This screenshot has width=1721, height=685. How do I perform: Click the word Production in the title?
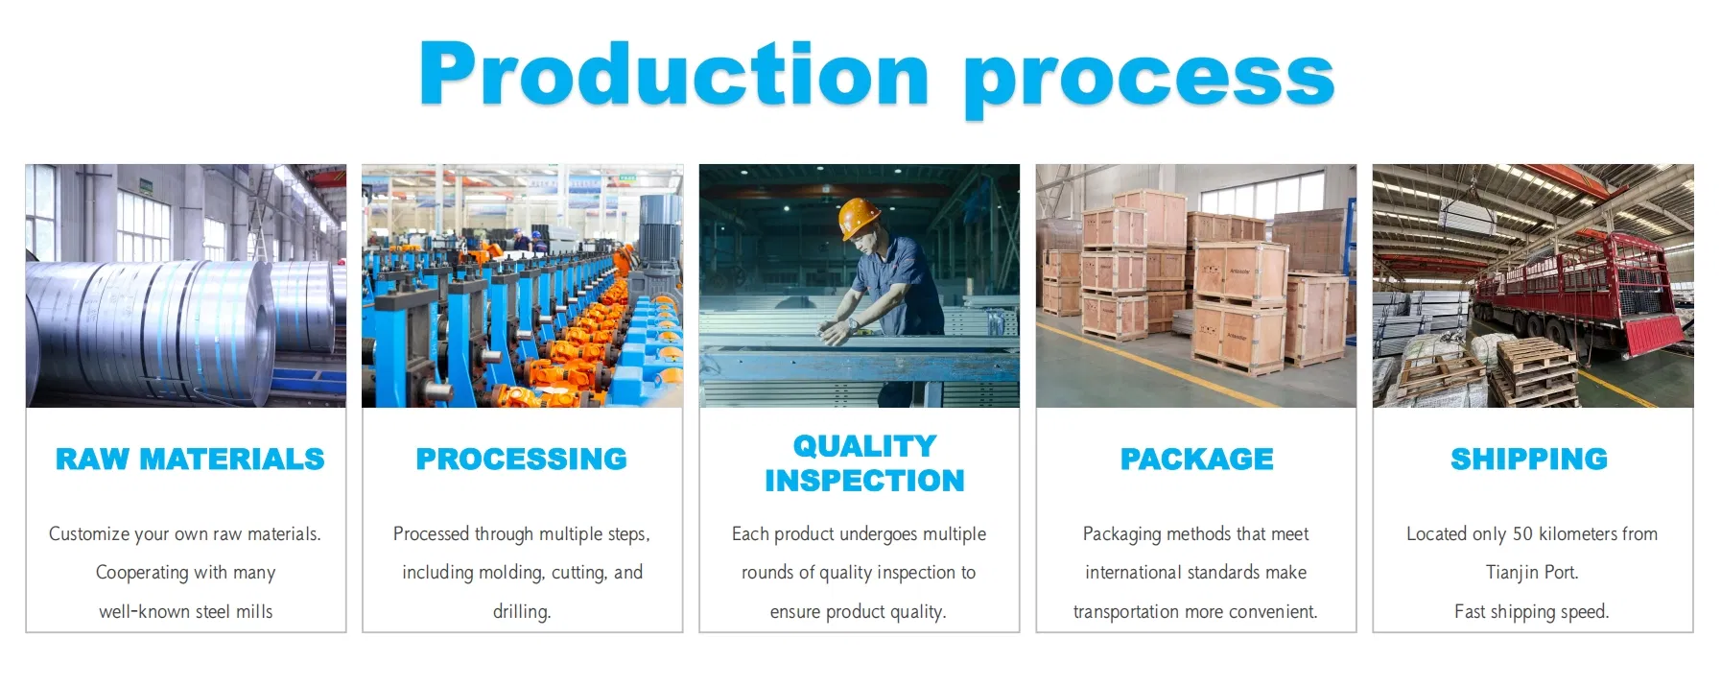pos(673,75)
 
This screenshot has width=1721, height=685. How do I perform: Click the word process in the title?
pos(1148,79)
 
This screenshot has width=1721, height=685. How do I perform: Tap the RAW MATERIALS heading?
pos(190,460)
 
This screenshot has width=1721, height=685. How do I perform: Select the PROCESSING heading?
pos(521,460)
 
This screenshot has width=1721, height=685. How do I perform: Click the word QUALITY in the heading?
pos(864,446)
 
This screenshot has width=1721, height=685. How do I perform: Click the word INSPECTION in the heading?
pos(864,481)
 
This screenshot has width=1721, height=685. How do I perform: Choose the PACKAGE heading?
pos(1196,460)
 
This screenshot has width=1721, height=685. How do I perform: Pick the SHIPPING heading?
pos(1528,460)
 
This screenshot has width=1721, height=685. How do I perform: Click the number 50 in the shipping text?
pos(1522,534)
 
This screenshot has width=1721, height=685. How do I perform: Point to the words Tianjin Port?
pos(1531,573)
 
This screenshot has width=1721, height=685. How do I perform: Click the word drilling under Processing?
pos(521,612)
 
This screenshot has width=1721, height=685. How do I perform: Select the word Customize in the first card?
pos(88,534)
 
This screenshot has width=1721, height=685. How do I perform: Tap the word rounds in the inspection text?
pos(766,573)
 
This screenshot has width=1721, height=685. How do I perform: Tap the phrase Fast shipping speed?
pos(1531,612)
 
